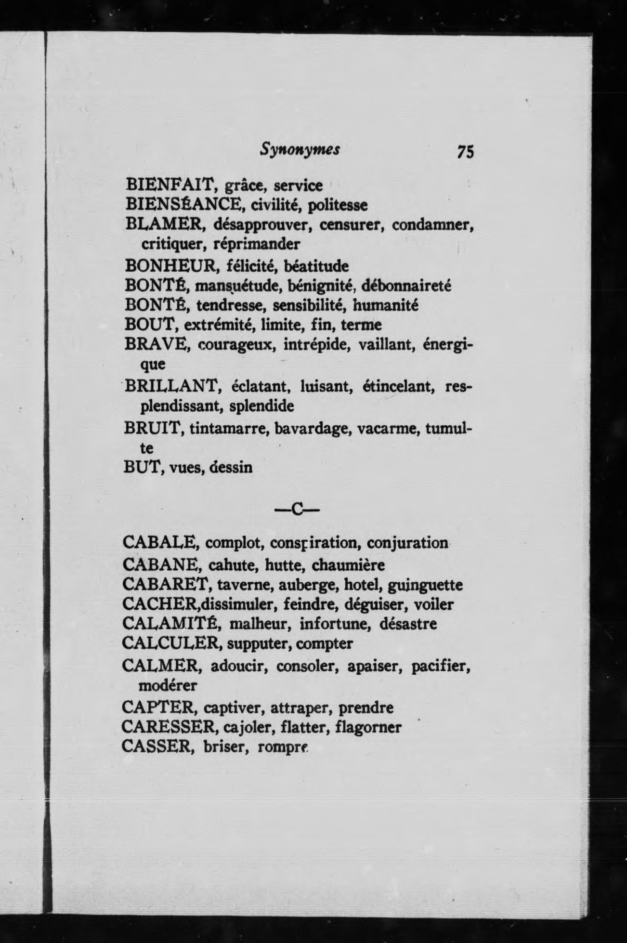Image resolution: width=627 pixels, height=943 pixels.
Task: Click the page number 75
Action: [466, 152]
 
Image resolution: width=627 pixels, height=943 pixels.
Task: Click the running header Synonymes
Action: [300, 150]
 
